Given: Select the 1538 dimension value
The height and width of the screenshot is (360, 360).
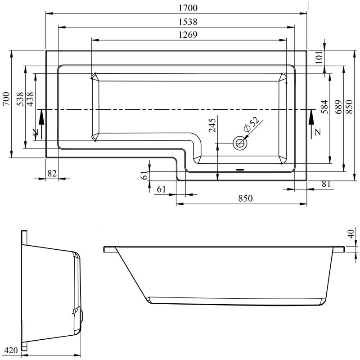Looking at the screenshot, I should [x=188, y=22].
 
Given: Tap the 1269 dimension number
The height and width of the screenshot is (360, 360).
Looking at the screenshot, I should [x=188, y=35].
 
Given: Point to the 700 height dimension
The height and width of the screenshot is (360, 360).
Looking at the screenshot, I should [x=6, y=99].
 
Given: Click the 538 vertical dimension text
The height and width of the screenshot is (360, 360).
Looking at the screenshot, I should [x=20, y=99].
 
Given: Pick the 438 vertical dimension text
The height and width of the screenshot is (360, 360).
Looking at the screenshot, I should [x=30, y=99].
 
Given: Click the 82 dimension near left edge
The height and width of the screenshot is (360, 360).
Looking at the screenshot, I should [x=53, y=174].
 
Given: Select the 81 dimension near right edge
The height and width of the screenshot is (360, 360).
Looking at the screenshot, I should [x=327, y=184].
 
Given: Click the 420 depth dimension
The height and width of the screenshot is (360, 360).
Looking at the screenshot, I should [x=10, y=349].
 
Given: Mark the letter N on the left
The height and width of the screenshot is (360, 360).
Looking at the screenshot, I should [x=35, y=132].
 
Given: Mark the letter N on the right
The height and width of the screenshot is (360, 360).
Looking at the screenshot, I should [x=318, y=132].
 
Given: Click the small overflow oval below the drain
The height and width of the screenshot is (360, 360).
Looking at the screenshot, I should [x=240, y=170].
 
